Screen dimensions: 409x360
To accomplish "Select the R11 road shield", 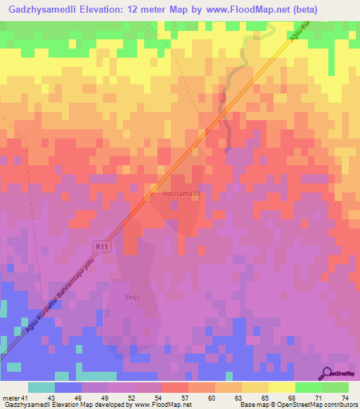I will tap(102, 246).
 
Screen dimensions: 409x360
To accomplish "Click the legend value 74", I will tap(345, 398).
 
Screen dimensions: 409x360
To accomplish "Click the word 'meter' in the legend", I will tap(10, 398).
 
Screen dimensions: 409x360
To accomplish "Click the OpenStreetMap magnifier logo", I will tap(326, 373).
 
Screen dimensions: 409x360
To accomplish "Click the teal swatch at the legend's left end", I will tap(41, 387).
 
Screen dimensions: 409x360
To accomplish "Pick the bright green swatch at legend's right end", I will tap(335, 387).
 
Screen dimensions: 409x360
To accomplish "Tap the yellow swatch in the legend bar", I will tap(281, 387).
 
